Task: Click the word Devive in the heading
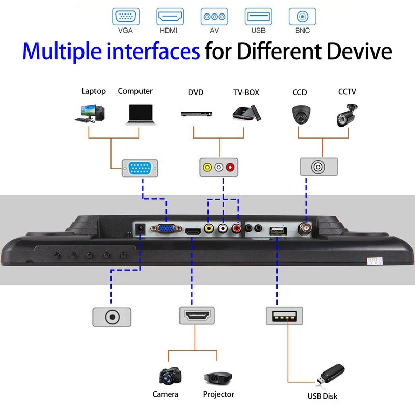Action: pos(358,51)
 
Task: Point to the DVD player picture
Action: pos(198,114)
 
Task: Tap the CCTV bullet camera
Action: pos(347,114)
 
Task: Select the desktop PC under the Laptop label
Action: pos(89,113)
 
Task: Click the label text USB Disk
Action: pos(322,396)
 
